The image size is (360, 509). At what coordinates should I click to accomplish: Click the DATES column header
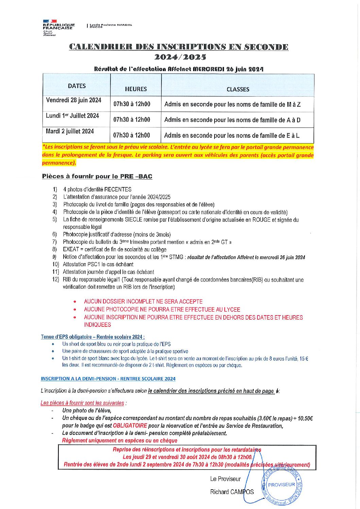coord(77,86)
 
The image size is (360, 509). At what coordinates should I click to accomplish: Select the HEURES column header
coord(136,89)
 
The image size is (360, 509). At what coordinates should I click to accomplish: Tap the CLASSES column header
coord(238,89)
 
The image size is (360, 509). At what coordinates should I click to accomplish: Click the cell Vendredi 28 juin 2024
coord(74,100)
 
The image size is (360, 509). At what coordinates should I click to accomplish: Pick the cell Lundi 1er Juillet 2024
coord(72,116)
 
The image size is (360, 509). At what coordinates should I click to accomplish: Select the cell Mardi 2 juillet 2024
coord(70,132)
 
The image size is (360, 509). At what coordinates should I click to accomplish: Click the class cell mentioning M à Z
coord(233,104)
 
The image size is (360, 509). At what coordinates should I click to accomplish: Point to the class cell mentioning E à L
coord(232,136)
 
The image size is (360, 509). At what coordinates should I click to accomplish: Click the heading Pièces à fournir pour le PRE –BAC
coord(97,176)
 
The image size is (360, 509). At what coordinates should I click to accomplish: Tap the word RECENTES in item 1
coord(118,189)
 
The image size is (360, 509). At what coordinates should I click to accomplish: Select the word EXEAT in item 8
coord(71,250)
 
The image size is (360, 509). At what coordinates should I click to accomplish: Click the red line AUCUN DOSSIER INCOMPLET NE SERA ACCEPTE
coord(143,302)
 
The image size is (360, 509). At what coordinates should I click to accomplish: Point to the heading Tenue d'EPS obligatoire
coord(93,337)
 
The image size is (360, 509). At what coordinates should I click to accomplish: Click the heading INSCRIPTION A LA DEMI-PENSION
coord(108,379)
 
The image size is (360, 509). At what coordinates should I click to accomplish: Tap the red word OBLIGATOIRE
coord(130,426)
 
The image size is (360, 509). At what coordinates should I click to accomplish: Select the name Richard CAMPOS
coord(232,492)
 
